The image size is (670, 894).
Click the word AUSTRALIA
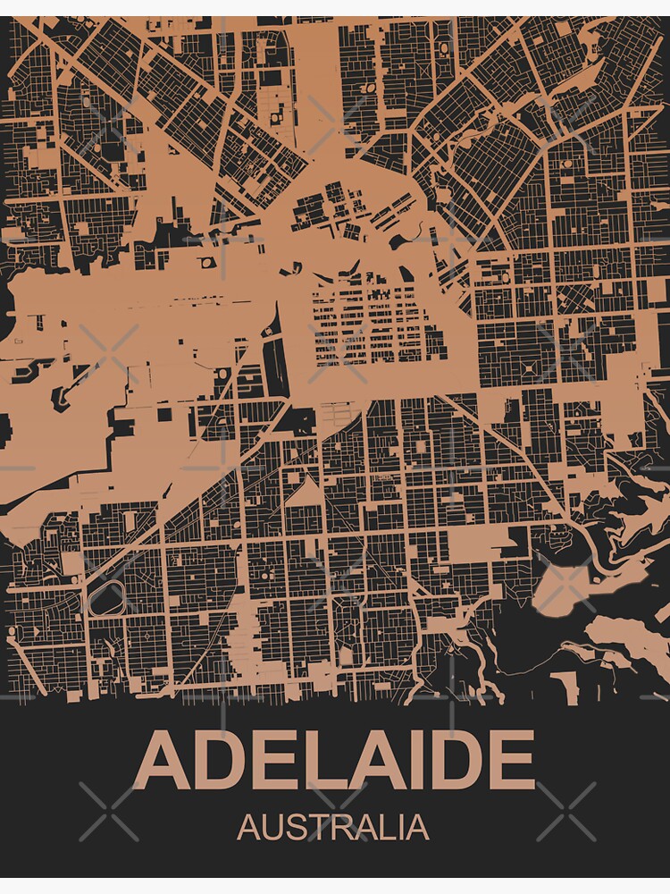pyautogui.click(x=333, y=827)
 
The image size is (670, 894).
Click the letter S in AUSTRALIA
pyautogui.click(x=294, y=827)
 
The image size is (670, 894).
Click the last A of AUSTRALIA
pyautogui.click(x=415, y=827)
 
